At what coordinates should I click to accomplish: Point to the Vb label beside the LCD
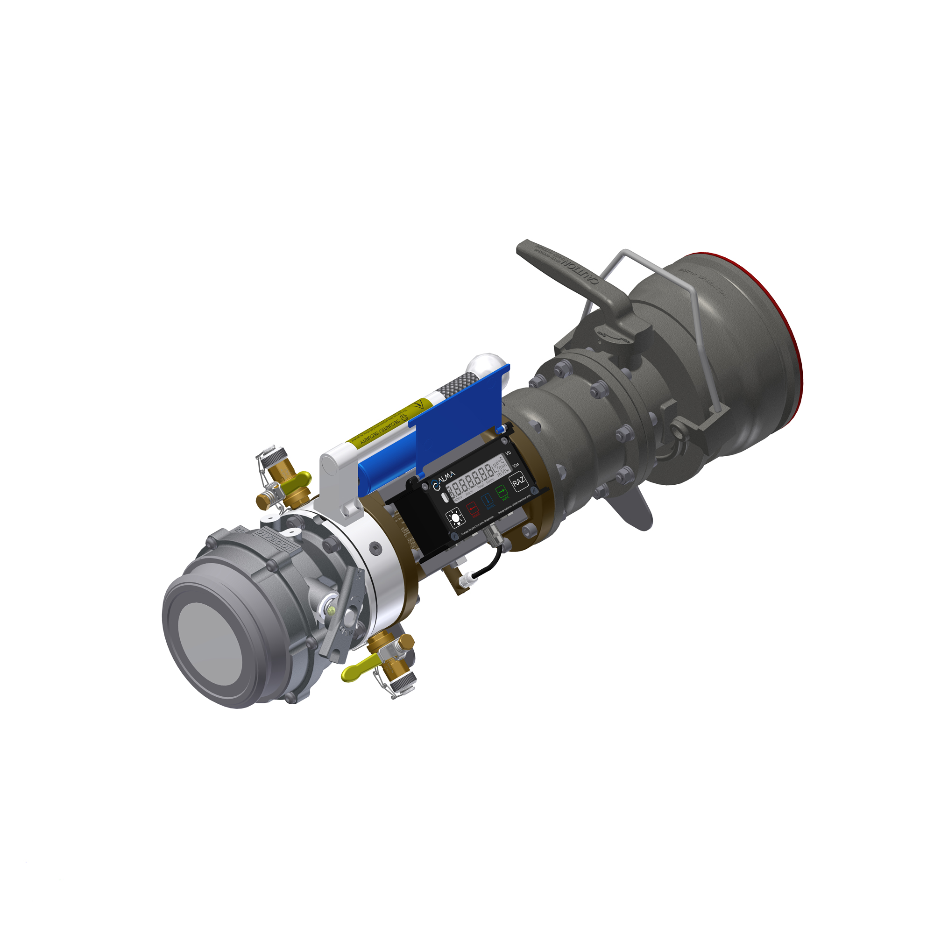point(508,453)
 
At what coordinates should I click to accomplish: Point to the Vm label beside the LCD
point(516,465)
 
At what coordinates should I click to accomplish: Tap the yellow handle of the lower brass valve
point(356,672)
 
